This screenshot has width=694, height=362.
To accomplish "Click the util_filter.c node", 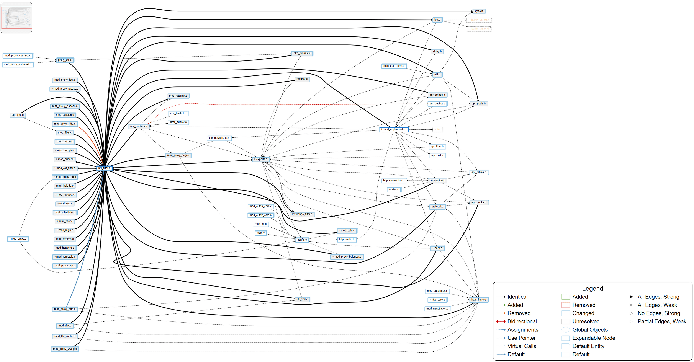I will (x=104, y=168).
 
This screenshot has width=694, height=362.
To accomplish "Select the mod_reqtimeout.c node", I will (x=394, y=129).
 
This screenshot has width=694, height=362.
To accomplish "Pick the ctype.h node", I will (x=478, y=11).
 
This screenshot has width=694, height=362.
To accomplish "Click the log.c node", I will (x=437, y=20).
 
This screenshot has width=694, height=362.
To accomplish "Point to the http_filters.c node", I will (x=478, y=300).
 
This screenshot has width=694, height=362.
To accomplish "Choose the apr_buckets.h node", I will (x=139, y=126).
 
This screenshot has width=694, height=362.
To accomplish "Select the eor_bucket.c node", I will (x=437, y=104).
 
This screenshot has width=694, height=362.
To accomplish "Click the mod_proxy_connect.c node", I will (x=18, y=55).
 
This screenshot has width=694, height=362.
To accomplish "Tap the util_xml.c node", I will (x=302, y=299).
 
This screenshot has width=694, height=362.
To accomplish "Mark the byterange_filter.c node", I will (x=302, y=214).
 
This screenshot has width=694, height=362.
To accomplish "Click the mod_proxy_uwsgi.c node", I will (x=65, y=349).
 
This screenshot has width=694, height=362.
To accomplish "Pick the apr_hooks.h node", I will (x=479, y=202).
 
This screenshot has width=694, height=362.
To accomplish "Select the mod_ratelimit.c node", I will (x=178, y=96).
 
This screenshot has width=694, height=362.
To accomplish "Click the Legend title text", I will (x=593, y=289).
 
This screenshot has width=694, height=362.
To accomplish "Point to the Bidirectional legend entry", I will (x=522, y=321).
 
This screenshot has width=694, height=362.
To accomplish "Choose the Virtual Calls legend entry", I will (x=522, y=346).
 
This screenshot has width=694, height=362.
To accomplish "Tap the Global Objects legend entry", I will (x=590, y=330).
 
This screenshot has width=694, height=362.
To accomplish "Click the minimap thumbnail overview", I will (x=16, y=18).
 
